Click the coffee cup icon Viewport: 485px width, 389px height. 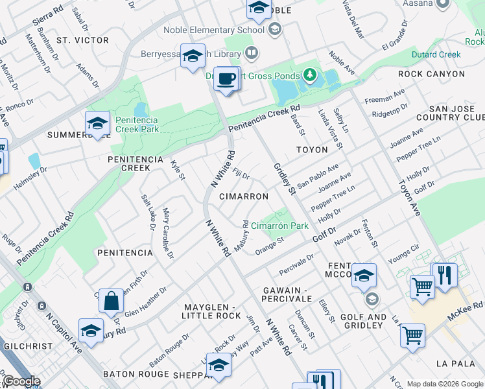click(x=225, y=79)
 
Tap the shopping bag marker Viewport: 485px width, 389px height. click(x=112, y=301)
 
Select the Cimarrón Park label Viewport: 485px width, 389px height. click(x=279, y=226)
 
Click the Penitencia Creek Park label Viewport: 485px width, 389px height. click(x=137, y=124)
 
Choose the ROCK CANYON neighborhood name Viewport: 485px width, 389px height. click(x=431, y=74)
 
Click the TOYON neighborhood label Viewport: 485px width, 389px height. click(x=312, y=150)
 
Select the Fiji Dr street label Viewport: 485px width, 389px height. click(x=241, y=175)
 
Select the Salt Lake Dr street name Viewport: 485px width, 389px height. click(x=148, y=212)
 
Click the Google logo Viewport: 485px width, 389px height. click(x=21, y=381)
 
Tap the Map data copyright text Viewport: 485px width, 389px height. click(x=444, y=384)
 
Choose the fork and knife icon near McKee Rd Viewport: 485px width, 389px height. click(x=444, y=276)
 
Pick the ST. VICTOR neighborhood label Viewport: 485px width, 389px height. click(x=82, y=40)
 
